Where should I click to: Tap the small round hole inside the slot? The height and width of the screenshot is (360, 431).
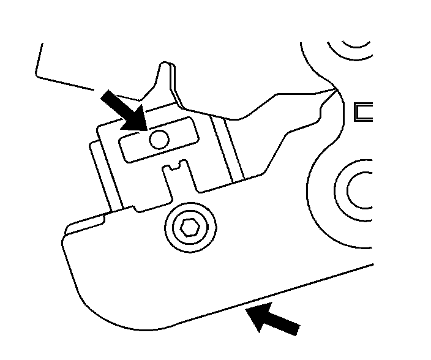(x=159, y=140)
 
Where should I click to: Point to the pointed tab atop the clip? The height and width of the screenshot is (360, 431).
(x=163, y=71)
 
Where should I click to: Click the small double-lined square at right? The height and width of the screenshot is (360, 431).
(x=364, y=111)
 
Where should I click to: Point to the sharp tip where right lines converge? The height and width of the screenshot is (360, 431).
(x=335, y=91)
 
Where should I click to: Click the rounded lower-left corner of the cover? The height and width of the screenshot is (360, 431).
(x=77, y=288)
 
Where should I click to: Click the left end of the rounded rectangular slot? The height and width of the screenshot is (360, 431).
(x=125, y=149)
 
